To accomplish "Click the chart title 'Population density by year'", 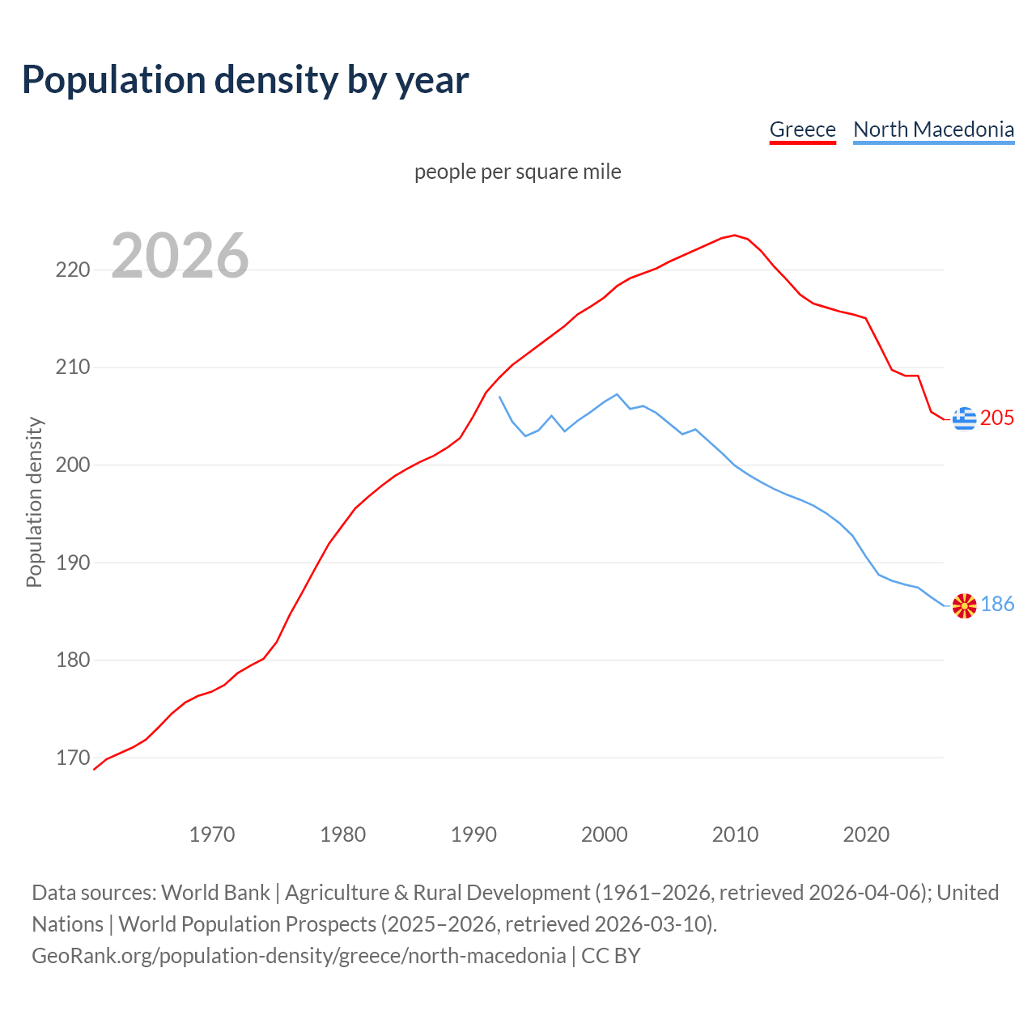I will point(245,79).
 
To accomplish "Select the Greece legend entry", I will point(802,129).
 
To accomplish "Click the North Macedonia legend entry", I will point(933,129).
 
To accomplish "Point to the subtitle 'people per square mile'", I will point(518,172).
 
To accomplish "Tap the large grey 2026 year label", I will point(180,256).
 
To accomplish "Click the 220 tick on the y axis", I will point(73,270).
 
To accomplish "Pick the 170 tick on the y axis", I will point(73,758).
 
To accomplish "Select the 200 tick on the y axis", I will point(73,465).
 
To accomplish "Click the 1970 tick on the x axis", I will point(212,834).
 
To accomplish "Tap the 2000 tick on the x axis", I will point(605,834).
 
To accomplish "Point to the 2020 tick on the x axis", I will point(866,834).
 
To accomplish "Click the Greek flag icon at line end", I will point(964,418).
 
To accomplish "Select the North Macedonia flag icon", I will point(964,605).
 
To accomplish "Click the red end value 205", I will point(997,418).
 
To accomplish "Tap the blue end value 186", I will point(997,605).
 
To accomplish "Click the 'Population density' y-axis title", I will point(34,502).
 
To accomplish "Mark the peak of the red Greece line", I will point(735,236).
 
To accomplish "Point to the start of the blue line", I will point(499,397).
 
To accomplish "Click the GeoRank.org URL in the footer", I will point(299,956).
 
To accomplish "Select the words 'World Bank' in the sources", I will point(215,893).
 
